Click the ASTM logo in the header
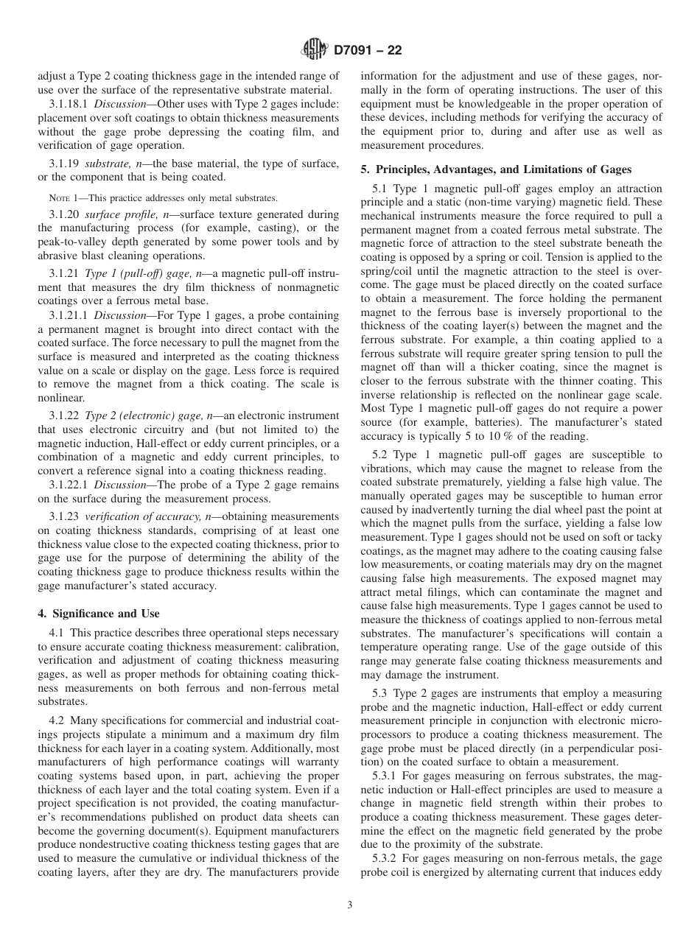[315, 51]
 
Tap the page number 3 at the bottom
[350, 905]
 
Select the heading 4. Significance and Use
[98, 614]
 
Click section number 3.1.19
[64, 163]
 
